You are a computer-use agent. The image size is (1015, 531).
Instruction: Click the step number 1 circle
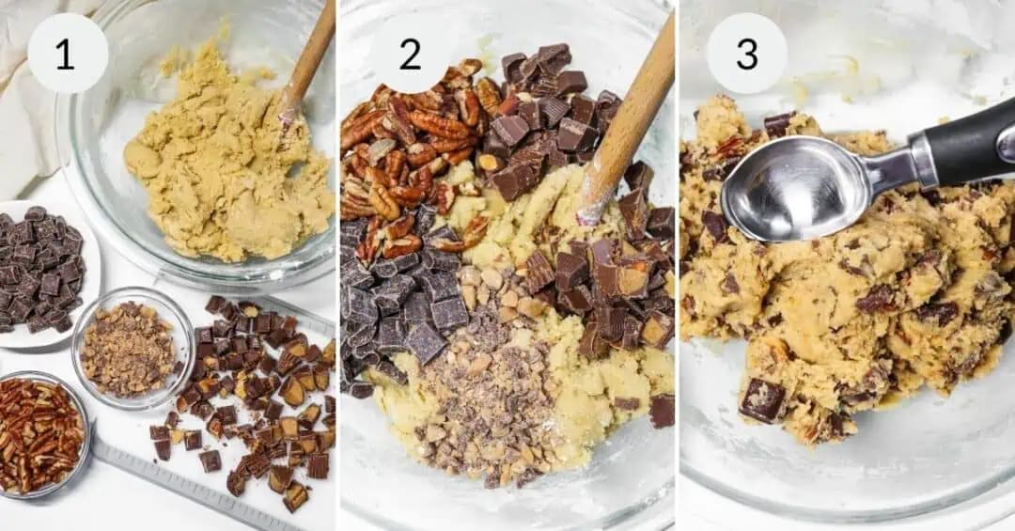(67, 54)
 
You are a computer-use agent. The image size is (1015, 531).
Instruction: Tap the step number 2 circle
(411, 54)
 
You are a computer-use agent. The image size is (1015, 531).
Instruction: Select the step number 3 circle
(747, 54)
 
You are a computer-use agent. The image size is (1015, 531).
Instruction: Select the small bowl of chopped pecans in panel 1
(39, 431)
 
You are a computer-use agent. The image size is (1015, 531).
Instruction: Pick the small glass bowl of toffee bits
(132, 348)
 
